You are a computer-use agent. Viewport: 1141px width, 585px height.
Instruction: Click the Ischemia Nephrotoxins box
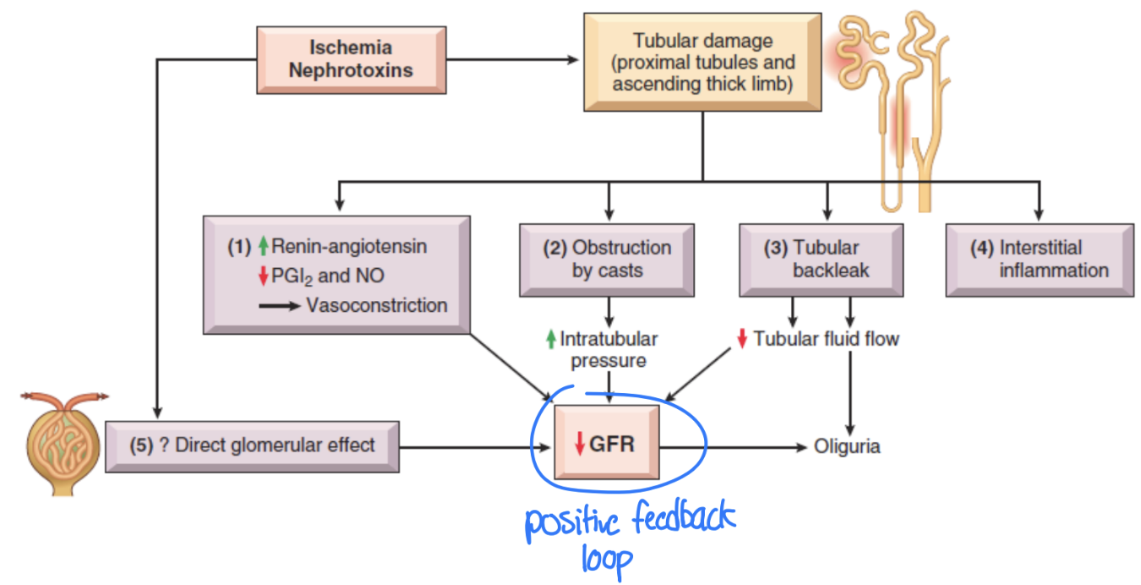click(351, 59)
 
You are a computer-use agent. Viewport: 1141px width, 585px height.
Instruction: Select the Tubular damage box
click(702, 62)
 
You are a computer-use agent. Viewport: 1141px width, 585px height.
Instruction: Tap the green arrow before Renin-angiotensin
click(263, 247)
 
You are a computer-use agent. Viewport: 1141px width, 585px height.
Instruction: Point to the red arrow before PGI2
click(263, 276)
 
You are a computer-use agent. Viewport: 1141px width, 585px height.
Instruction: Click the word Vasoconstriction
click(377, 305)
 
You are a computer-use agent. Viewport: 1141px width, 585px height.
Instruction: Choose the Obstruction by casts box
click(607, 260)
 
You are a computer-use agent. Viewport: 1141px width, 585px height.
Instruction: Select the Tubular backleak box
click(821, 260)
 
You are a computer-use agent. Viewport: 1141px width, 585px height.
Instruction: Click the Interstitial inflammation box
click(1039, 260)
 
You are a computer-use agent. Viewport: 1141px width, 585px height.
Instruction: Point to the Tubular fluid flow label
click(826, 339)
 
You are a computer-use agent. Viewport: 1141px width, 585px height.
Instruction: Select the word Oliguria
click(847, 446)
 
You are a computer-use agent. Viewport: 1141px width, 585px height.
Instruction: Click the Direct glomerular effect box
click(252, 445)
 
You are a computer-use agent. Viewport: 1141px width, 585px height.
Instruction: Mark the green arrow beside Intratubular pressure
click(551, 340)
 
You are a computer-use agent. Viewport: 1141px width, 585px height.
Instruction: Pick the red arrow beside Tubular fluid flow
click(742, 339)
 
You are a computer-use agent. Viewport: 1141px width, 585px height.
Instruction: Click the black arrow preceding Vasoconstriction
click(280, 306)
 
